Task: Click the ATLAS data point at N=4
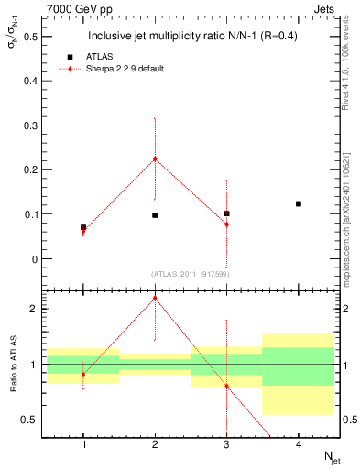coord(299,203)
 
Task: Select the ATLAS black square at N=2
coord(155,214)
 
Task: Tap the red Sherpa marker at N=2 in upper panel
coord(155,158)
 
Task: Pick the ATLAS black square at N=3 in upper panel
coord(226,213)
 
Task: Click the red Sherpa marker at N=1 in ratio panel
coord(83,375)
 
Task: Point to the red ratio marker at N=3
coord(226,386)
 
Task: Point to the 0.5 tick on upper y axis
coord(34,37)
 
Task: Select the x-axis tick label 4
coord(299,444)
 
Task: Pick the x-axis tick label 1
coord(83,444)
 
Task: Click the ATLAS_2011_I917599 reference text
coord(191,273)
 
